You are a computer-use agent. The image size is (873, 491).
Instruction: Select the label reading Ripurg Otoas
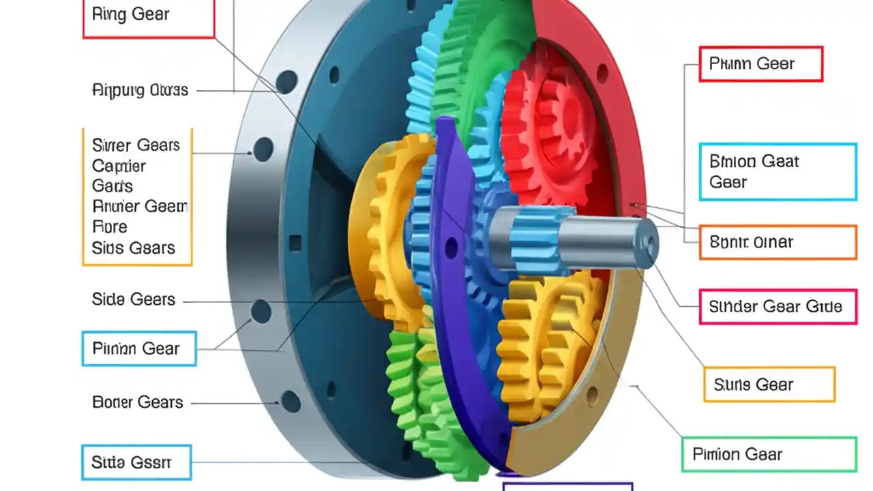[x=140, y=90]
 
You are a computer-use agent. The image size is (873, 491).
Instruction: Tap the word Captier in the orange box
[x=119, y=166]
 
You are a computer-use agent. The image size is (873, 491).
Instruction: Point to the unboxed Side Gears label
[x=134, y=299]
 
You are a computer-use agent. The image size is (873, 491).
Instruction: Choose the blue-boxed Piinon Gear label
[x=139, y=348]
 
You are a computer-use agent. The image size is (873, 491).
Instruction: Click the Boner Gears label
[x=138, y=402]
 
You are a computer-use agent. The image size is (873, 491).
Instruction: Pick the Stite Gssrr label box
[x=136, y=462]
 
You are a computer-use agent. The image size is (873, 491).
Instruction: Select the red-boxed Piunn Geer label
[x=760, y=64]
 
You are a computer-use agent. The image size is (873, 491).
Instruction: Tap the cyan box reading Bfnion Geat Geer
[x=778, y=172]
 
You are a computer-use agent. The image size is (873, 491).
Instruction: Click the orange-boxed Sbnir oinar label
[x=778, y=242]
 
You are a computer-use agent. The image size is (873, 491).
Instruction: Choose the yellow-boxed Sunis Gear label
[x=769, y=385]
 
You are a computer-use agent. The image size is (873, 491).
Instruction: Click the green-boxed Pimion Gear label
[x=769, y=454]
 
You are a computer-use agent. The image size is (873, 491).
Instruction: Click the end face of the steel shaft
[x=645, y=243]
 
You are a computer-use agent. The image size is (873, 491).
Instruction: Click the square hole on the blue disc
[x=295, y=243]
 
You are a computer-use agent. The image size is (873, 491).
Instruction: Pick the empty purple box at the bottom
[x=567, y=486]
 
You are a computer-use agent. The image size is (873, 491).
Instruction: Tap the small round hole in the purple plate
[x=451, y=248]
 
